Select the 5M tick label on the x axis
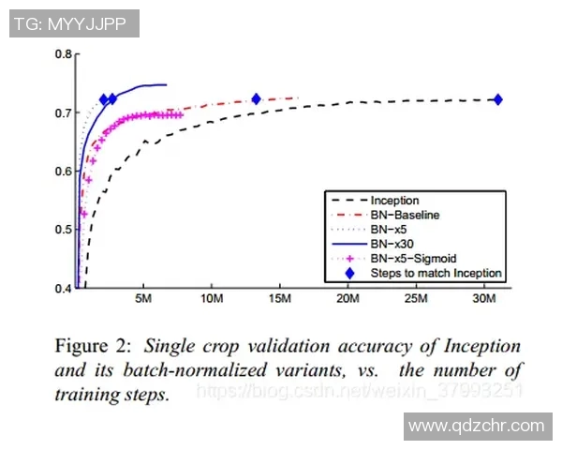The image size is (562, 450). click(x=142, y=300)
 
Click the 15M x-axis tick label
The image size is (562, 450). click(x=279, y=300)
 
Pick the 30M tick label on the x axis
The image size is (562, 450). click(x=483, y=300)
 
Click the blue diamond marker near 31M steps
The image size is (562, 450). click(x=497, y=99)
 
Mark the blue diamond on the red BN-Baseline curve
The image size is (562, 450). click(x=256, y=98)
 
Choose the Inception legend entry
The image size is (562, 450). click(x=394, y=200)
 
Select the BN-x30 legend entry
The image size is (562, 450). click(x=392, y=243)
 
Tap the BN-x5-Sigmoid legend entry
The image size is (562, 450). click(x=411, y=258)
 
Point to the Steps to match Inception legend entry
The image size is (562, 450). click(x=436, y=273)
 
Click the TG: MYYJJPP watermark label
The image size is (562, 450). click(x=74, y=23)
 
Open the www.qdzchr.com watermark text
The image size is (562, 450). click(x=477, y=426)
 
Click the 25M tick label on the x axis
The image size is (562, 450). click(x=415, y=300)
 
